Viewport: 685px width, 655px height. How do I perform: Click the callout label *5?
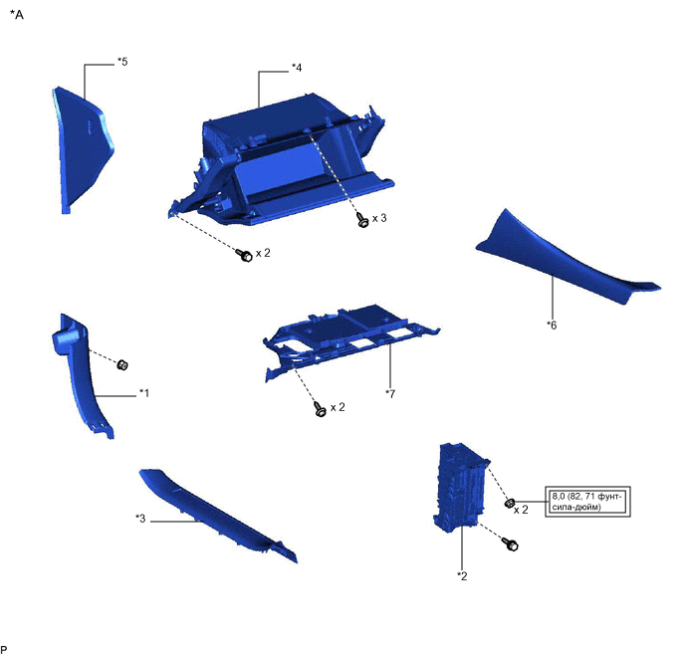pos(122,62)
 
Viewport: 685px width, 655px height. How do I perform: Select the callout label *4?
pos(297,68)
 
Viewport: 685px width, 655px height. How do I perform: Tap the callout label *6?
pos(552,325)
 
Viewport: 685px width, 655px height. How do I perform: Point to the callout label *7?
pos(390,394)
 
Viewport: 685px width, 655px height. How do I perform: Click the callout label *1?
pos(144,393)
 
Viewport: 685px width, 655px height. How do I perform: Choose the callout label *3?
pos(140,519)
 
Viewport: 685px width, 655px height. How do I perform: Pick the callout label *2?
pos(462,576)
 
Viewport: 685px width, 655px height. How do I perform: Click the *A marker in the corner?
pos(17,15)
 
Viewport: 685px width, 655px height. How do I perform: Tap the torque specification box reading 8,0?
pos(587,502)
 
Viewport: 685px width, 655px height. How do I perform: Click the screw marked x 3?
pos(362,219)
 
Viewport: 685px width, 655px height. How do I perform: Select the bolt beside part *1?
pos(122,364)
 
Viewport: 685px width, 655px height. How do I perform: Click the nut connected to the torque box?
pos(510,503)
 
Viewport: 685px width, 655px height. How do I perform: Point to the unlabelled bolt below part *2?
pos(510,545)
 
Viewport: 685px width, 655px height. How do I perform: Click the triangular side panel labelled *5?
pos(82,148)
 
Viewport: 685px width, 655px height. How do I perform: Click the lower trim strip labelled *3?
pos(218,516)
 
